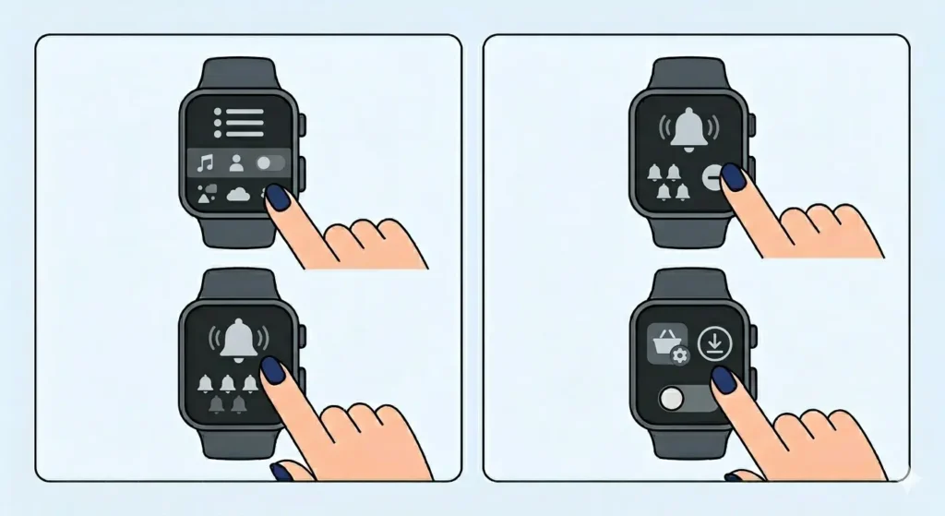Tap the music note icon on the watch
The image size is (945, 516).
pyautogui.click(x=205, y=163)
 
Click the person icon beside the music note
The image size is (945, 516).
pyautogui.click(x=236, y=163)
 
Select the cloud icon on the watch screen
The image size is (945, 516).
pyautogui.click(x=238, y=194)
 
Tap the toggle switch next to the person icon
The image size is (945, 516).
pyautogui.click(x=269, y=163)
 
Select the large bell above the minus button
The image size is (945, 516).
pyautogui.click(x=685, y=129)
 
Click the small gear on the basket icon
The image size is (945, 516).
pyautogui.click(x=681, y=356)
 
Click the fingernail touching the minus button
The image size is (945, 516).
pyautogui.click(x=733, y=177)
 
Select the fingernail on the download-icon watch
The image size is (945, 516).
pyautogui.click(x=722, y=378)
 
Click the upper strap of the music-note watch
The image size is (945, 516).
pyautogui.click(x=238, y=73)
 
